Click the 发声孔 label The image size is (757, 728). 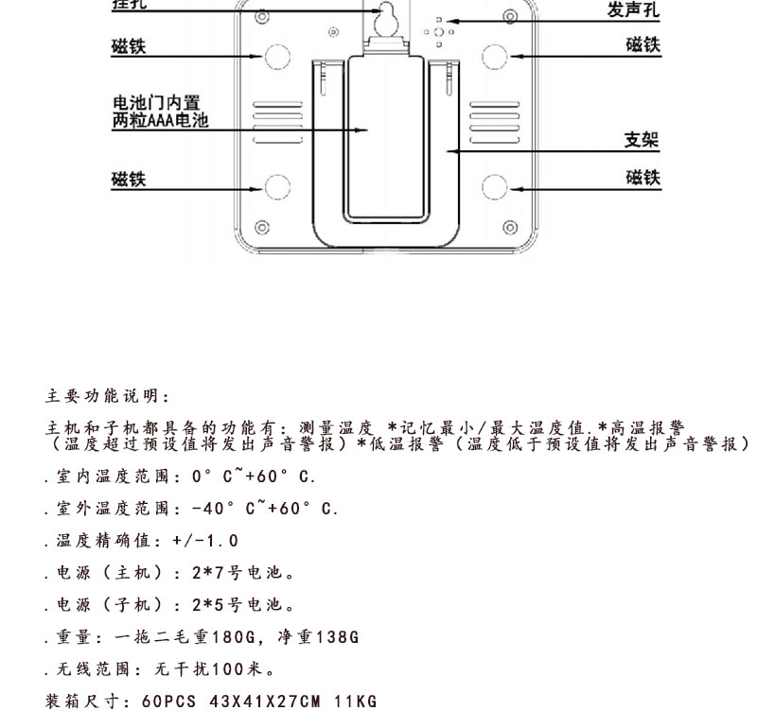click(633, 9)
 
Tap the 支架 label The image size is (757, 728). click(642, 140)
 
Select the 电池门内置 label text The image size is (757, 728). click(156, 102)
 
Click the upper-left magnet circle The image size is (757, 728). click(277, 57)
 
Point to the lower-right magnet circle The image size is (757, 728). click(494, 187)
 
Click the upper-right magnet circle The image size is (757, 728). click(494, 57)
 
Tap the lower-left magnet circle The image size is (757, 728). click(277, 187)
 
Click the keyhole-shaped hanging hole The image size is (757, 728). click(387, 19)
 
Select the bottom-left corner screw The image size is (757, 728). click(262, 227)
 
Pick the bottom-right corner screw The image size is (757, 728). click(510, 227)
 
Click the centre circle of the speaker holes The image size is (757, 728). click(438, 32)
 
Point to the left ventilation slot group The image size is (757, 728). click(278, 123)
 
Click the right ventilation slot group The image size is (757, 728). click(494, 123)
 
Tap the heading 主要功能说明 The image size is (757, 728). click(108, 395)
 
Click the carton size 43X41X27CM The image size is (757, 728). click(265, 701)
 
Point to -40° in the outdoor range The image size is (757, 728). click(214, 509)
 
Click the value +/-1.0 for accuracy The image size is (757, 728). click(205, 541)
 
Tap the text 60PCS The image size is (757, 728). click(169, 701)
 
